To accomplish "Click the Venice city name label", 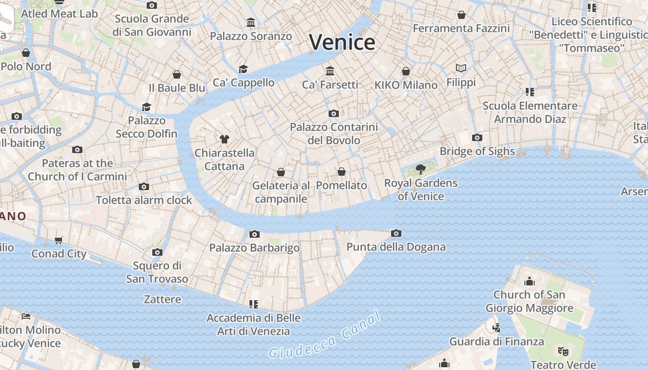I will (342, 42).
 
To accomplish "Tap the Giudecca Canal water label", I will (325, 336).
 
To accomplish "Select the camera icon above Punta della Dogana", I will (396, 234).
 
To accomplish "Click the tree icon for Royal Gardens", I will (420, 169).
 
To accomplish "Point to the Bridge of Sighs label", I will (477, 151).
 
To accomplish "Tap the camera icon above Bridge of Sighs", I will (477, 138).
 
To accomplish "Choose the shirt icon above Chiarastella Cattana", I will (224, 139).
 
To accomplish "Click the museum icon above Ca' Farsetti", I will (330, 71).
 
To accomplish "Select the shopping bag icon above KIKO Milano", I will (406, 71).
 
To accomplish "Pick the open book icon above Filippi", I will (461, 68).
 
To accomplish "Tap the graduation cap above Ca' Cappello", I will (243, 69).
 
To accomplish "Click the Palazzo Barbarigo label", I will (255, 248).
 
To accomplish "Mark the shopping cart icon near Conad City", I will (59, 240).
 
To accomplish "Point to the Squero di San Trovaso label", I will (157, 272).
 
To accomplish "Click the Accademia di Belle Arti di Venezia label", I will (254, 325).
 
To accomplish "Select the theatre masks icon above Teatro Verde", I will (563, 351).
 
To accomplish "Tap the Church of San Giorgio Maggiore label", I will (529, 301).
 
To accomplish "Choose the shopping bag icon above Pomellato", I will (342, 172).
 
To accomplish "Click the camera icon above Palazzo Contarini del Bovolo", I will (333, 114).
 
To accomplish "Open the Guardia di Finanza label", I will (497, 342).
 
